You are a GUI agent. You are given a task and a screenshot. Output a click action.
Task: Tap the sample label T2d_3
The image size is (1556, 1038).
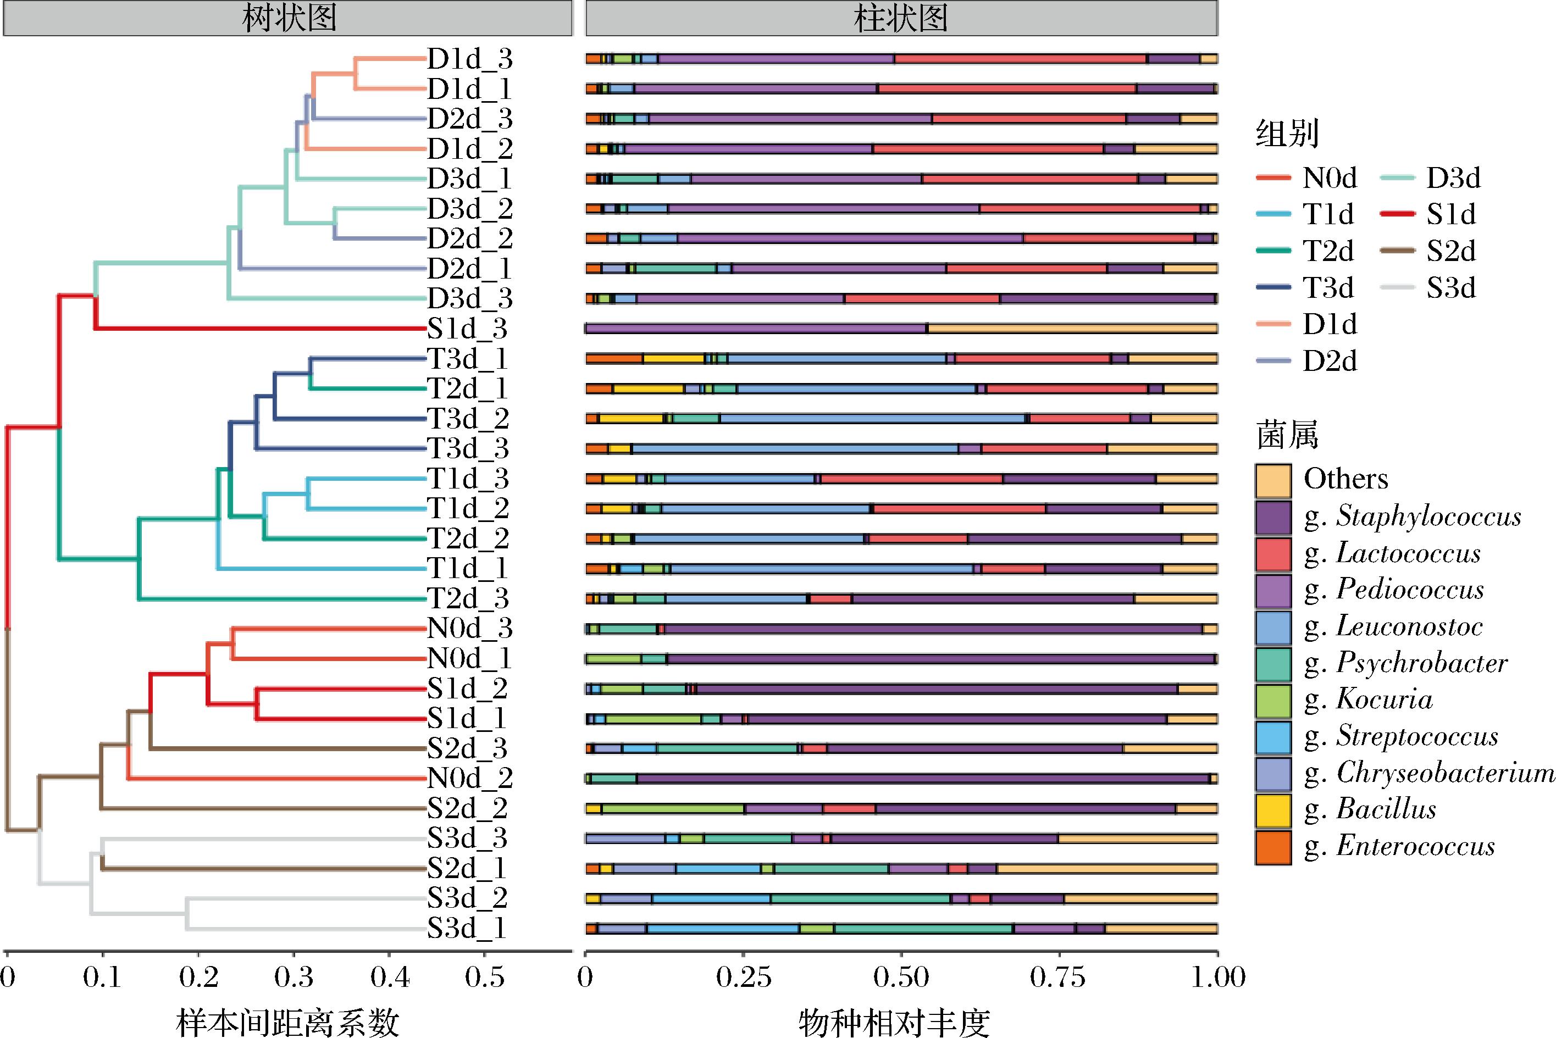468,598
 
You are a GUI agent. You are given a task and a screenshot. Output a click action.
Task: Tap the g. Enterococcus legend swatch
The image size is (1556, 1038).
1272,848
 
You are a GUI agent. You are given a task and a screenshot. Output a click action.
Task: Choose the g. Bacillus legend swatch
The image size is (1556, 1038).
1272,811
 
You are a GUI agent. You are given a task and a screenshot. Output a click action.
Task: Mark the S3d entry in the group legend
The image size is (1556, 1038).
1450,288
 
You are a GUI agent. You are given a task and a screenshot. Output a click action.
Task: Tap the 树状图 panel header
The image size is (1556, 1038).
288,18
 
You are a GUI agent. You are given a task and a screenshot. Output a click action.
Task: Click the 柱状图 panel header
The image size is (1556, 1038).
901,18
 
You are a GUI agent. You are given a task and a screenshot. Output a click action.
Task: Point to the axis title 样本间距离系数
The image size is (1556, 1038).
288,1022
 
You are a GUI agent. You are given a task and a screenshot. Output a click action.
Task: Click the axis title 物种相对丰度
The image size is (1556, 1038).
894,1022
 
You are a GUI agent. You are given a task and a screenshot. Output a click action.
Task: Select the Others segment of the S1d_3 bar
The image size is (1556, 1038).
1073,329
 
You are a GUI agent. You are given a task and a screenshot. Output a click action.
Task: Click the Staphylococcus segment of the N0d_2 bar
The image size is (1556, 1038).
921,779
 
